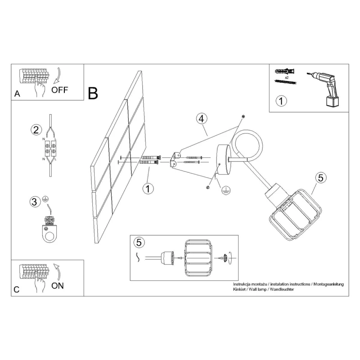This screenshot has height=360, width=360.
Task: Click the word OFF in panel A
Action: pyautogui.click(x=60, y=89)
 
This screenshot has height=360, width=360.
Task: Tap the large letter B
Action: pyautogui.click(x=93, y=93)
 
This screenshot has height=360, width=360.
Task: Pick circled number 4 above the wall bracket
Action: pyautogui.click(x=202, y=119)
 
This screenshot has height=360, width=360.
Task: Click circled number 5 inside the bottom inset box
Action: pyautogui.click(x=139, y=243)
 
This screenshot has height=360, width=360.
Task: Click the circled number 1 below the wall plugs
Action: pyautogui.click(x=147, y=189)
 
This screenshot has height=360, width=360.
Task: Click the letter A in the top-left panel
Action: pyautogui.click(x=17, y=94)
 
